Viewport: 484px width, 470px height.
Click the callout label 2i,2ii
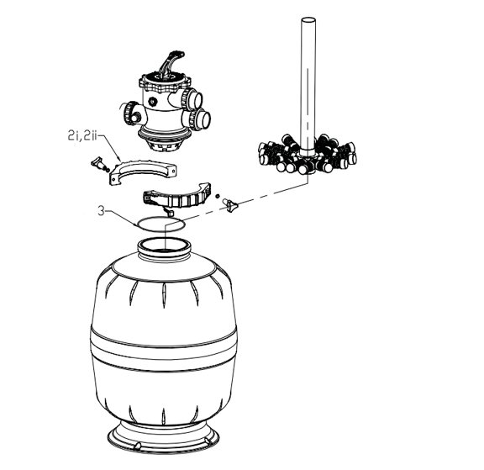coord(82,135)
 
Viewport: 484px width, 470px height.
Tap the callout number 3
coord(101,211)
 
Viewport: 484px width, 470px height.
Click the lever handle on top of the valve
coord(171,63)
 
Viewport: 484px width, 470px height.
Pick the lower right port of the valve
coord(199,119)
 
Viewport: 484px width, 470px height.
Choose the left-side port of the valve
coord(133,113)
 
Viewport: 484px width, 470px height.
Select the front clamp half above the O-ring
coord(177,198)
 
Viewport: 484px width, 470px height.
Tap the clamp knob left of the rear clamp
coord(100,164)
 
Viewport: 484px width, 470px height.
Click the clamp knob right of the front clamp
coord(231,204)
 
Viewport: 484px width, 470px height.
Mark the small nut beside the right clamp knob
coord(218,196)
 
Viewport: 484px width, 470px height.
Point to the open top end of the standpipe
coord(308,20)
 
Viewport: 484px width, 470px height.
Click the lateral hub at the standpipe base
coord(308,154)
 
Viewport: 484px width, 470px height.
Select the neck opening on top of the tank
coord(163,245)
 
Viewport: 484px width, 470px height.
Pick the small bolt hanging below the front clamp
coord(168,212)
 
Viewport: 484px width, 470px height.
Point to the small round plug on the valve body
coord(152,101)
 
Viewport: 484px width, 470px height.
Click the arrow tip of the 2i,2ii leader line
coord(121,161)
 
